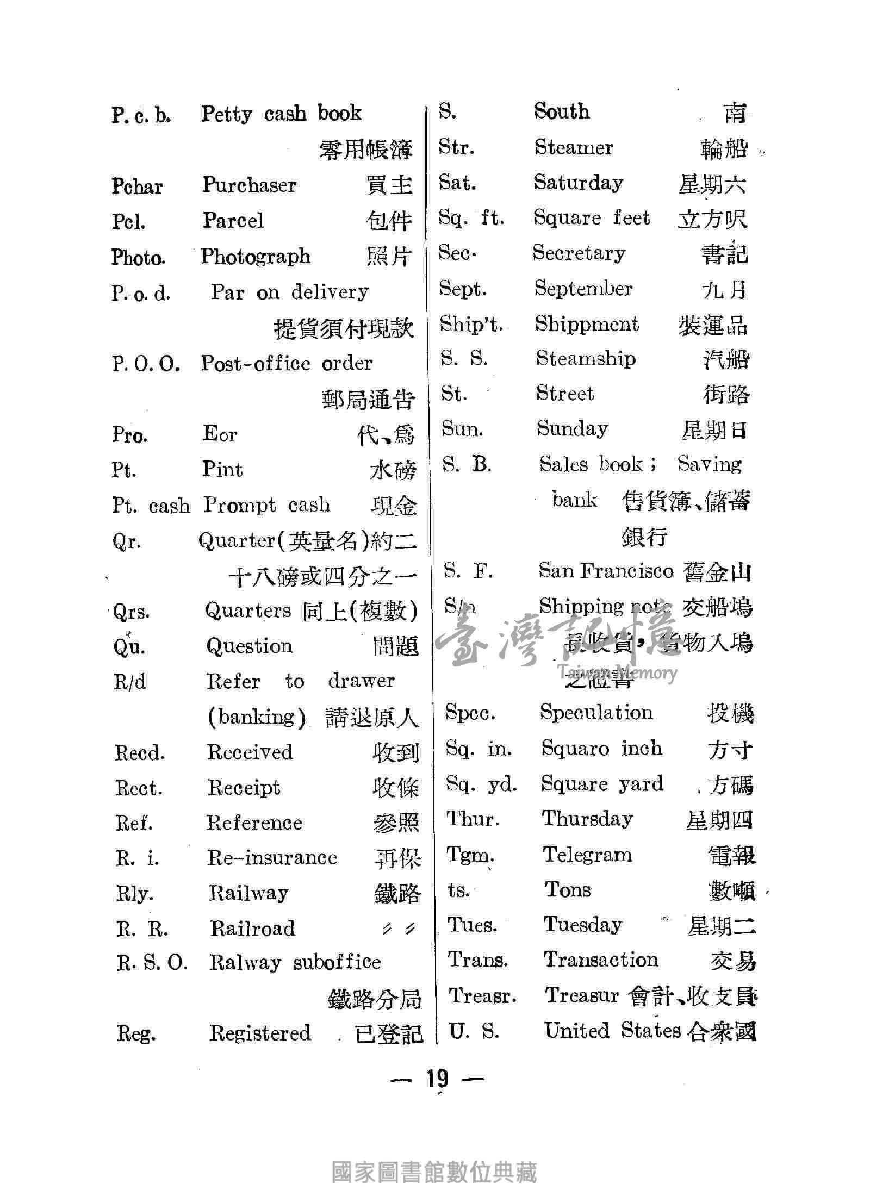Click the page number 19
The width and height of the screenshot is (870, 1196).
tap(437, 1077)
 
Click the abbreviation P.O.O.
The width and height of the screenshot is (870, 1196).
tap(146, 364)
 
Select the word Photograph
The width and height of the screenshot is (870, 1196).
tap(256, 256)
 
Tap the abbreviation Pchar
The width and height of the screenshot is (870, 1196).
tap(137, 186)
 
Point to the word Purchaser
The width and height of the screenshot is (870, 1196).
tap(250, 185)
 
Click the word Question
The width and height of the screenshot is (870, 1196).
tap(250, 646)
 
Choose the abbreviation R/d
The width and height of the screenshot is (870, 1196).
tap(130, 682)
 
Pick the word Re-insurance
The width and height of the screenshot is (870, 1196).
tap(272, 857)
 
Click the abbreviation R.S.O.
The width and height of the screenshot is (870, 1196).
tap(152, 963)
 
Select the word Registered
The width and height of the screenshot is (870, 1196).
tap(260, 1033)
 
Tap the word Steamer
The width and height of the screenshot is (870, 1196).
tap(574, 147)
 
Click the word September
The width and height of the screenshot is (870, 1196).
tap(583, 288)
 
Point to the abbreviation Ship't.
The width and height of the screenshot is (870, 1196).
tap(471, 324)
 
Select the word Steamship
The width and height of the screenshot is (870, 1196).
tap(586, 359)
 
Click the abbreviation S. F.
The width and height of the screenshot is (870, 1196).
tap(468, 571)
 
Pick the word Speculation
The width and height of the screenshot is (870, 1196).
tap(596, 712)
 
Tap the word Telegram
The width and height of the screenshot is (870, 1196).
tap(588, 855)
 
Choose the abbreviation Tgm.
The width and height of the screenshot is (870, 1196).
tap(470, 855)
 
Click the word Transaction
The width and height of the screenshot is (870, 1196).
tap(601, 960)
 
